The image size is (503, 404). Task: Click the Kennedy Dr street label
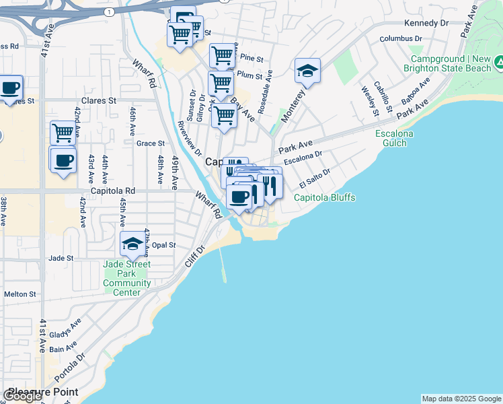tap(426, 23)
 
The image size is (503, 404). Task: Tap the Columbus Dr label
tap(395, 39)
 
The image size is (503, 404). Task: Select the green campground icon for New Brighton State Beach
tap(498, 63)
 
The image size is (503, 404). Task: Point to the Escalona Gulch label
tap(394, 139)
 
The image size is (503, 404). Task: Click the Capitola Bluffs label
tap(324, 197)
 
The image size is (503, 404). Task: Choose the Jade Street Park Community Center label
tap(127, 278)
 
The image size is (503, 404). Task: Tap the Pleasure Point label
tap(43, 392)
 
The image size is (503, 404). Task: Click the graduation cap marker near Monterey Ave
tap(307, 71)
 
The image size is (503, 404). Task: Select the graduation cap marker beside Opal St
tap(132, 244)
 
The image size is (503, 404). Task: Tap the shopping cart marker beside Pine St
tap(222, 55)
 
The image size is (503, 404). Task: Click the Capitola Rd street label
tap(114, 191)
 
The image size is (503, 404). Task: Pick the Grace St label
tap(151, 143)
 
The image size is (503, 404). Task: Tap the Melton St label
tap(20, 294)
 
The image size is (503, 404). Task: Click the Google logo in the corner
tap(23, 396)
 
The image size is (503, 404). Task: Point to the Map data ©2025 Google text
tap(461, 399)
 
